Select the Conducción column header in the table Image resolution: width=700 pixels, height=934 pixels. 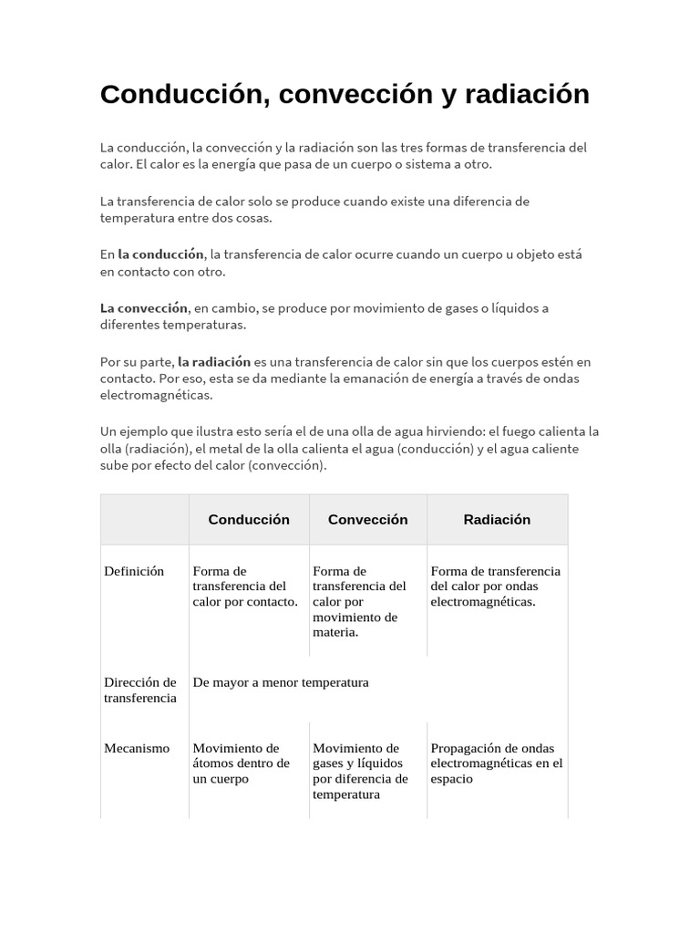[249, 520]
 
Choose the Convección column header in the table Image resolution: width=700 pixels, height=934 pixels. [367, 520]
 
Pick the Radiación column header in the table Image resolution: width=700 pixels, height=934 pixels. [497, 520]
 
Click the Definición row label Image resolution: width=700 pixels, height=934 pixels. [134, 571]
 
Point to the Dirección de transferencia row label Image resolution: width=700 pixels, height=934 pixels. [140, 690]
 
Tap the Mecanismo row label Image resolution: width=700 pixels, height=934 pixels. [137, 748]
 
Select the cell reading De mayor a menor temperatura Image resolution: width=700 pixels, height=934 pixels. [281, 682]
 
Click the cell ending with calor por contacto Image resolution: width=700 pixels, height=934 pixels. [245, 586]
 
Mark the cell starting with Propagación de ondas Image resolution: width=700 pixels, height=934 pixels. [497, 763]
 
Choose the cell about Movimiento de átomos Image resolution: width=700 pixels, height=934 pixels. [242, 763]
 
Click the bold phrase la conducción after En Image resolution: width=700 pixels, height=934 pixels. [160, 254]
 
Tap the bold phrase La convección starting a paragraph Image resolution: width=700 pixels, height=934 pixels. [144, 307]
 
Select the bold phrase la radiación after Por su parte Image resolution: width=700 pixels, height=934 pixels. [214, 361]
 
